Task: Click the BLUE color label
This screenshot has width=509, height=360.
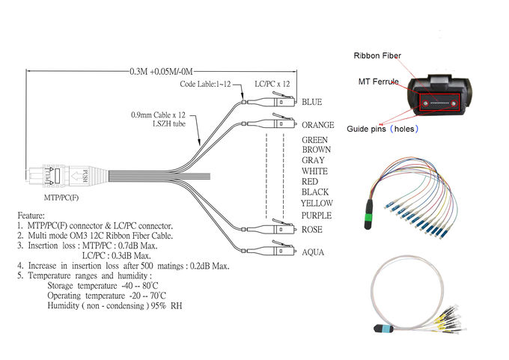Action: coord(311,103)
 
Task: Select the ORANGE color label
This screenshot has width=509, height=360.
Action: coord(317,125)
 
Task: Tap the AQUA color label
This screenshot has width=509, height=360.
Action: coord(313,252)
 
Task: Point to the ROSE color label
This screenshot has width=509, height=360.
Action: coord(312,230)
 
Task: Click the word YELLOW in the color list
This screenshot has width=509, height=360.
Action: coord(317,203)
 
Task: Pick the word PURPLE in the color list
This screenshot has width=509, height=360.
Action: coord(317,216)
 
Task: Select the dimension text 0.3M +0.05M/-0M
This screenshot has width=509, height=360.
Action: coord(162,73)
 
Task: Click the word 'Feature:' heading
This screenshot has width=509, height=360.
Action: coord(31,214)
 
